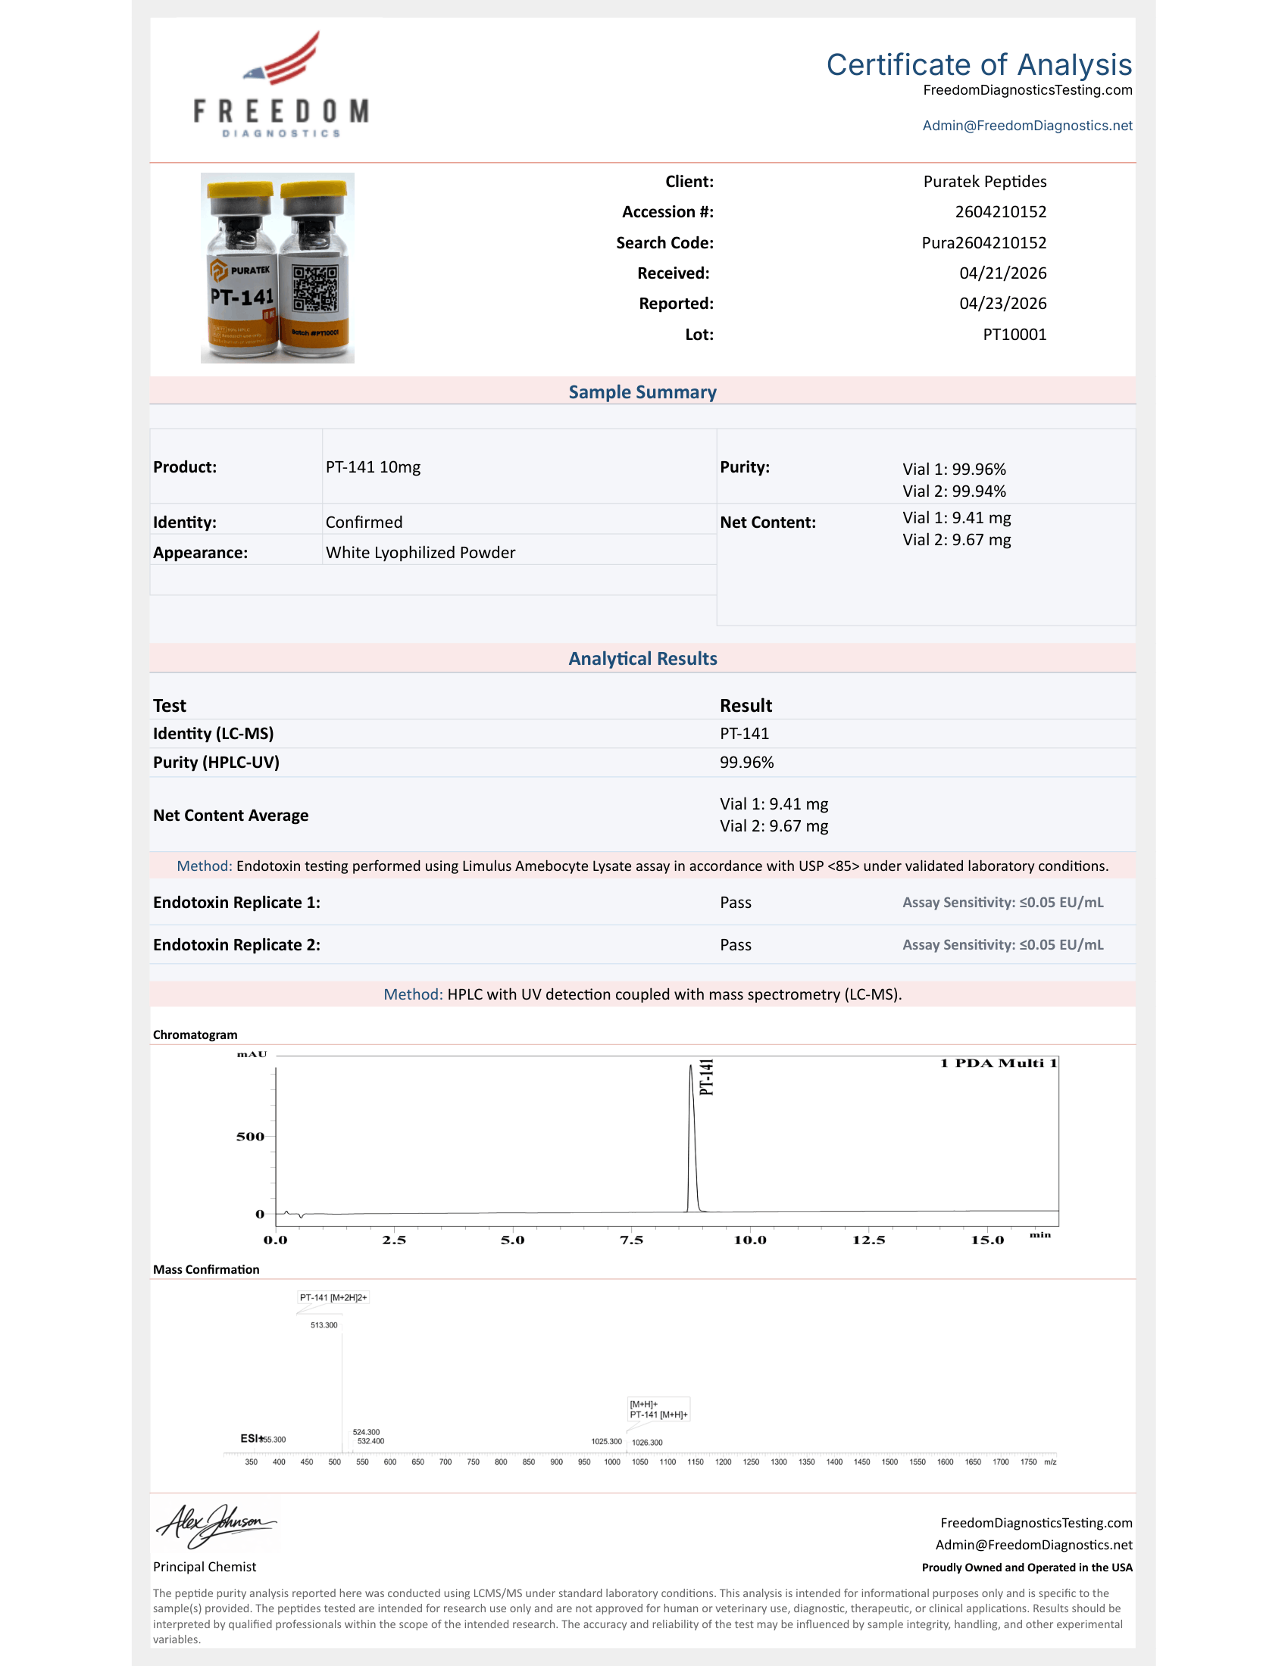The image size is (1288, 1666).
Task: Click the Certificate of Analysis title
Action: click(x=978, y=65)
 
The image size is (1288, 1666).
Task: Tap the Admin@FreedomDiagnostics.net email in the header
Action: click(x=1027, y=126)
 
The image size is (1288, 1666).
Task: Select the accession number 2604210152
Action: click(x=1000, y=212)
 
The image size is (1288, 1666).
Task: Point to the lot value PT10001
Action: click(x=1014, y=334)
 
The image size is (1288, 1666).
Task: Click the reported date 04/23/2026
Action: click(x=1002, y=304)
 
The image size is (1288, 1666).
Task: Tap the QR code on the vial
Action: click(x=314, y=289)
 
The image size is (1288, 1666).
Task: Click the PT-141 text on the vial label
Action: click(x=242, y=296)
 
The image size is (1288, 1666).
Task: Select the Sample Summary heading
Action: click(x=642, y=392)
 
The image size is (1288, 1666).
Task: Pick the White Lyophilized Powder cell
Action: click(x=420, y=552)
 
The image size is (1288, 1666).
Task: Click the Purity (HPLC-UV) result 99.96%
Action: click(x=746, y=762)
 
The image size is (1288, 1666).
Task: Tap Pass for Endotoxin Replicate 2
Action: click(x=736, y=945)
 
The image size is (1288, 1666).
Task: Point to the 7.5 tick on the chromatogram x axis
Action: click(x=632, y=1240)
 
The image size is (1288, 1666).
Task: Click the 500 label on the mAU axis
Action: click(x=250, y=1137)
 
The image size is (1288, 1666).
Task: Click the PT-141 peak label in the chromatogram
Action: click(x=707, y=1077)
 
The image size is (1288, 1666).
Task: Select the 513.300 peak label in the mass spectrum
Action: click(x=324, y=1325)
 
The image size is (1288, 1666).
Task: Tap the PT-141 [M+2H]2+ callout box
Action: click(x=333, y=1297)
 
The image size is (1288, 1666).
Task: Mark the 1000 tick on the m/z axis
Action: click(x=612, y=1462)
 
